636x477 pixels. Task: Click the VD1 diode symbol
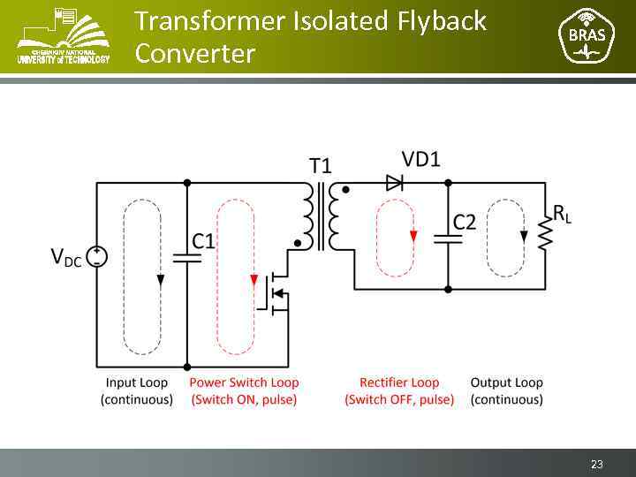pos(394,183)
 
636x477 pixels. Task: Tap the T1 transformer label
pos(320,165)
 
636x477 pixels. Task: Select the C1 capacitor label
pos(204,240)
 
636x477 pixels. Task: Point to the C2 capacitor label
pos(465,222)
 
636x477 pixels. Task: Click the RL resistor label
pos(562,213)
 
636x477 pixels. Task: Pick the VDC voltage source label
pos(66,257)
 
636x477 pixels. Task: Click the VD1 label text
pos(420,159)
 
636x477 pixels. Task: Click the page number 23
pos(597,465)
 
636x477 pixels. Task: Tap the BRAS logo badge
pos(586,36)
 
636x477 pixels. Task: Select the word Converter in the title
pos(194,54)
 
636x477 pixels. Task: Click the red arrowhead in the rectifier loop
pos(413,235)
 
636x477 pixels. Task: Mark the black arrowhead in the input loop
pos(160,280)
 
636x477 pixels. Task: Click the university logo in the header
pos(64,36)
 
